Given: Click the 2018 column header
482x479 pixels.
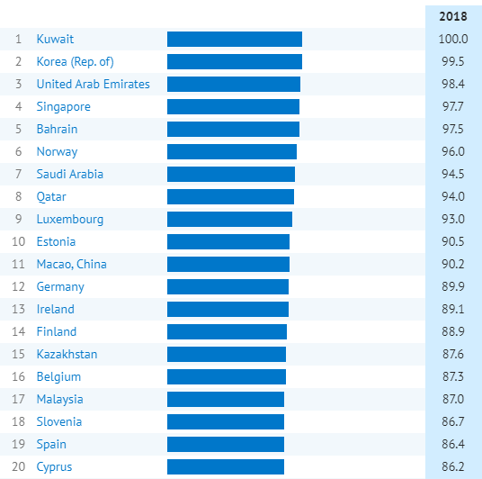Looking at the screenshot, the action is [453, 16].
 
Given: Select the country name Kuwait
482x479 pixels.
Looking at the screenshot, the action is [55, 39].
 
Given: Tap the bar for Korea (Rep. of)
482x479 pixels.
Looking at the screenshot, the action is [235, 61].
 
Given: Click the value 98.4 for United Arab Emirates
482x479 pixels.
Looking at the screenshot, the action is [453, 84].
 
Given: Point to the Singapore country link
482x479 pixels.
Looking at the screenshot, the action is [63, 107].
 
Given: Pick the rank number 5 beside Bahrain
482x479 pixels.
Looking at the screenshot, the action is [19, 129].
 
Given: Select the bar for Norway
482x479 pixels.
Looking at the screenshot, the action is [232, 151].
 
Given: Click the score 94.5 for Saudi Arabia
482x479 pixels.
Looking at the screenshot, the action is [453, 174].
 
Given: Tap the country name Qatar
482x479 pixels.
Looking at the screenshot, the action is [51, 196].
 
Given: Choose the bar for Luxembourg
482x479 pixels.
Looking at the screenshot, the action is [229, 219].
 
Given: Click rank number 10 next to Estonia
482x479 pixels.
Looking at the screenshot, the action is [19, 241].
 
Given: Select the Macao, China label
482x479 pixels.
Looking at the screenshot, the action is [72, 264].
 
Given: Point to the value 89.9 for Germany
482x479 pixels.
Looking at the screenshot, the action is [453, 286].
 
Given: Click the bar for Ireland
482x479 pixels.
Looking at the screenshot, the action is [228, 309].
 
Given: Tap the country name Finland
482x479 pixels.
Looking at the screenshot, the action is [57, 331].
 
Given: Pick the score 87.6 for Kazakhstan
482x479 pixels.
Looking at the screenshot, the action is [453, 354].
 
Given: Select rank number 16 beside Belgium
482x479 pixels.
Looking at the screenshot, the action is [19, 376].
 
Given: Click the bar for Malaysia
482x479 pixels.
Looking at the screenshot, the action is [226, 399].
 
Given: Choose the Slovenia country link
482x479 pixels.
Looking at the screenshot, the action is [59, 421].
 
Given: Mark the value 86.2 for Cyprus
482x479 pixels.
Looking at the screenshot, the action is [453, 466].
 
